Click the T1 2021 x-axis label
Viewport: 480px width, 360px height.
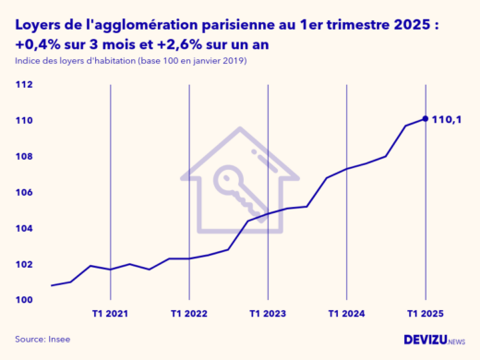[110, 314]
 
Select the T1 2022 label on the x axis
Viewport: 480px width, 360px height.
[189, 314]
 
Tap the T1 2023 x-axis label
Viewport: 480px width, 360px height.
[268, 314]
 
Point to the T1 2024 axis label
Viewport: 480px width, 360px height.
[346, 314]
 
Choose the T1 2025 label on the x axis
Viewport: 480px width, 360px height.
[425, 314]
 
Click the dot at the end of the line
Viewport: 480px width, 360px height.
[425, 118]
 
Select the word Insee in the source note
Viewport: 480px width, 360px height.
[58, 339]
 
